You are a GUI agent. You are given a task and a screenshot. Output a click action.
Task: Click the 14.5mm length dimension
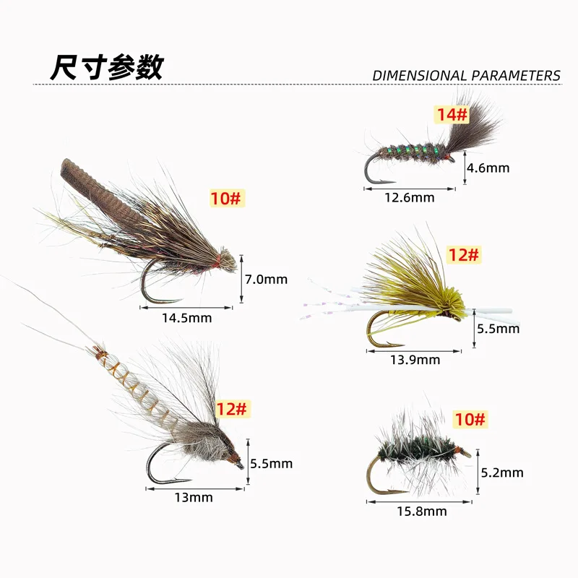pos(187,318)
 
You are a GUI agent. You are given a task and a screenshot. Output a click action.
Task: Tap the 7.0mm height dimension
pos(266,280)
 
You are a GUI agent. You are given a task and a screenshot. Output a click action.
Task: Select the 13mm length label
pos(194,498)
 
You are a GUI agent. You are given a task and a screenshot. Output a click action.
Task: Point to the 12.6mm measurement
pos(410,197)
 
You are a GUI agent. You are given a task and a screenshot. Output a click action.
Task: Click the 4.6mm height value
pos(488,168)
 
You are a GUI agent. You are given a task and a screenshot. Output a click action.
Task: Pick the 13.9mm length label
pos(415,360)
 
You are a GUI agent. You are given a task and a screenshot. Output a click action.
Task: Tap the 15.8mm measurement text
pos(422,512)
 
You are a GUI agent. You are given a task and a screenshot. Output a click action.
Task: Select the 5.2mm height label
pos(502,473)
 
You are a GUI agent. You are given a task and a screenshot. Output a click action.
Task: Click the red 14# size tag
pos(452,114)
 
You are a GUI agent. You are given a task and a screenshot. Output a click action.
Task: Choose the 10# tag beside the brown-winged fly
pos(225,198)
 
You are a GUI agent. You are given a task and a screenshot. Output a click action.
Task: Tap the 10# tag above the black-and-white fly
pos(470,419)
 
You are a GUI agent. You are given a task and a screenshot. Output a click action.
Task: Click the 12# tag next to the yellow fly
pos(464,255)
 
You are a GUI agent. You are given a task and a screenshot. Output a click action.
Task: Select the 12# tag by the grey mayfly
pos(231,409)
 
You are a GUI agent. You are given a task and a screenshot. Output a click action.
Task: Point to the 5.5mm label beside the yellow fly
pos(498,329)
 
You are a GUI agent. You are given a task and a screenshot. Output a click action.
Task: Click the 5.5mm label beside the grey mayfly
pos(272,464)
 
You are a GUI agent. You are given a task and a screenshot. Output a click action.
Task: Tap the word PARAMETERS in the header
pos(516,76)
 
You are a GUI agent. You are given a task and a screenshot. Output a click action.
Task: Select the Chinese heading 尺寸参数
pos(107,67)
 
